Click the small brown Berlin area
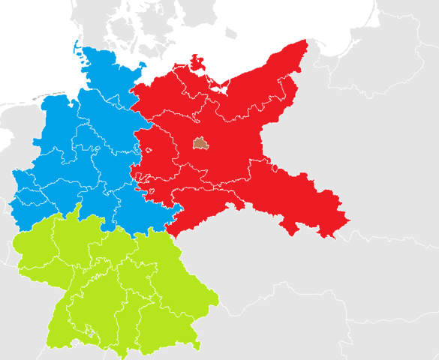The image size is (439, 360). [200, 142]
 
